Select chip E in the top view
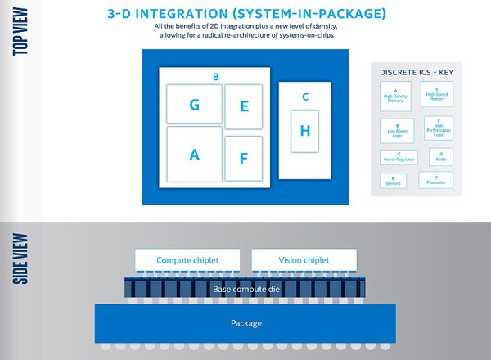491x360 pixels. pos(244,106)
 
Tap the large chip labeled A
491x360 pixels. pos(195,154)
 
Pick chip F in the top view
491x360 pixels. pos(244,159)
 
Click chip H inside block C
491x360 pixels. pos(305,131)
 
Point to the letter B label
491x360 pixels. pos(215,78)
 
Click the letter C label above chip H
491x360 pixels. pos(305,97)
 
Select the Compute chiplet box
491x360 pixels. pos(187,259)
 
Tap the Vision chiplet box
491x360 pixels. pos(304,259)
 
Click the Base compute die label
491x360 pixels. pos(245,289)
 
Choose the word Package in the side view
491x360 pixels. pos(245,323)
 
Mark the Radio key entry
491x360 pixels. pos(441,155)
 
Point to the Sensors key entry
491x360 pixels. pos(394,181)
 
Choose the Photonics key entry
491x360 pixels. pos(436,180)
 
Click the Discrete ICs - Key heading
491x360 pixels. pos(416,72)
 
